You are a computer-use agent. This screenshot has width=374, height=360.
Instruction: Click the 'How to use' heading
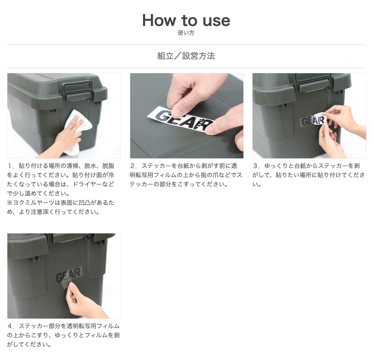186,20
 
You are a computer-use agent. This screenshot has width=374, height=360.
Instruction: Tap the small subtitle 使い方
186,33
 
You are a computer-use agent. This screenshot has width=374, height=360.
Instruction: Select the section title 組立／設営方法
186,56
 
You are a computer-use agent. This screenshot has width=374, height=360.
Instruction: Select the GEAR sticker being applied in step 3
313,121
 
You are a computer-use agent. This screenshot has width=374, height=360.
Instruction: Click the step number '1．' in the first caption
11,166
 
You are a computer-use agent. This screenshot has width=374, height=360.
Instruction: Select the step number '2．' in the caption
134,166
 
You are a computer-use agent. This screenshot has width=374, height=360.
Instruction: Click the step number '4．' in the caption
11,326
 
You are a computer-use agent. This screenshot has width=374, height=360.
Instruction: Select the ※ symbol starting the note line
10,203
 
